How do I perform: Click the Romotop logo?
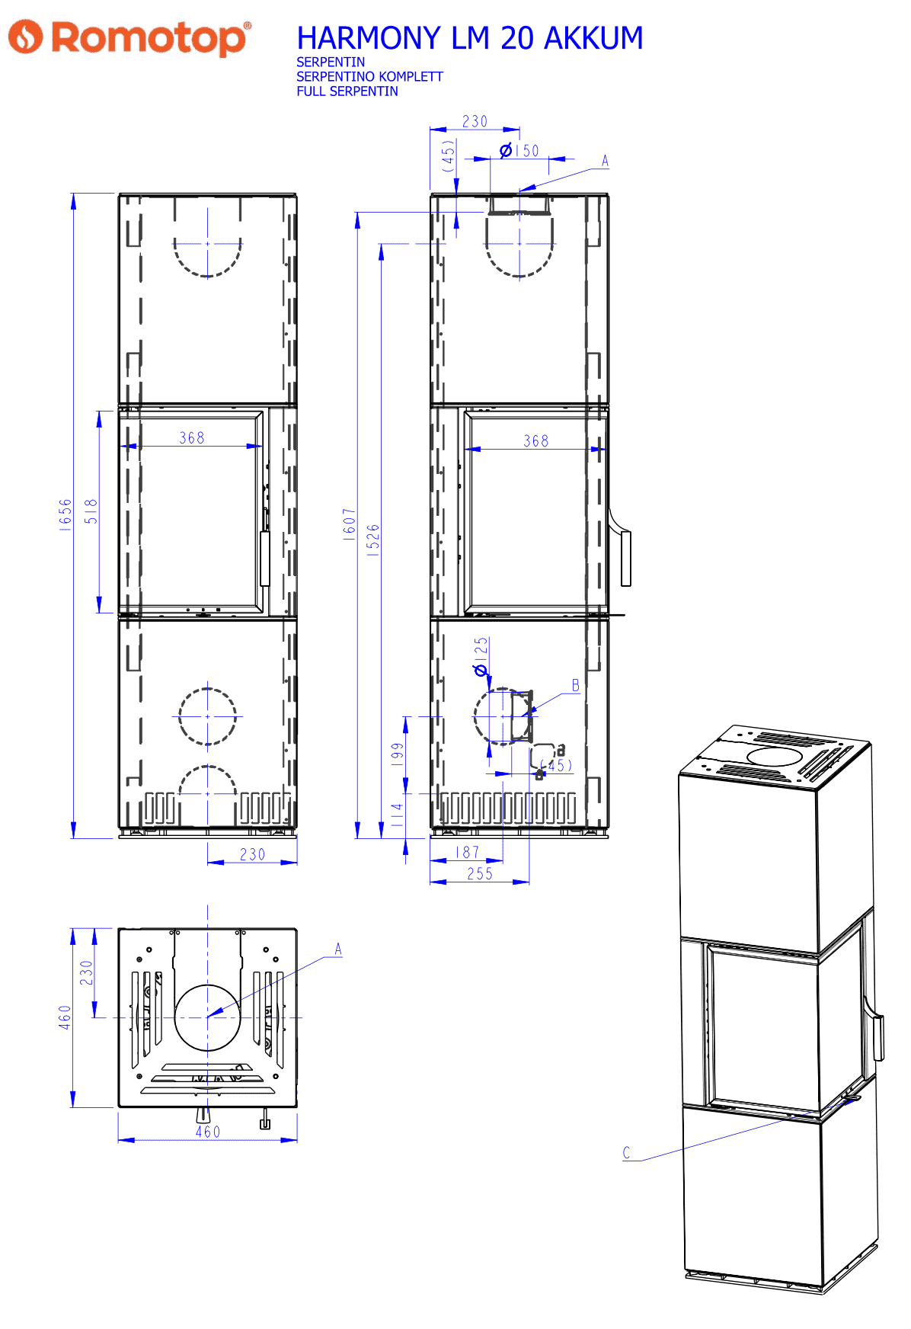click(x=129, y=37)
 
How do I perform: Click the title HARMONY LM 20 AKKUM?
click(x=470, y=38)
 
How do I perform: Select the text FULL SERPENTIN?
click(x=347, y=91)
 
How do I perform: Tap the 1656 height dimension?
click(x=66, y=515)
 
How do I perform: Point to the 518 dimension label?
click(x=91, y=511)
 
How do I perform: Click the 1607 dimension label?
click(x=349, y=524)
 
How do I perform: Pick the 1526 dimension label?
click(x=373, y=540)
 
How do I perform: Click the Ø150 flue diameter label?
click(x=519, y=151)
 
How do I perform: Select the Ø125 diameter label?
click(x=481, y=657)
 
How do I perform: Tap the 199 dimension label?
click(x=398, y=754)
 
